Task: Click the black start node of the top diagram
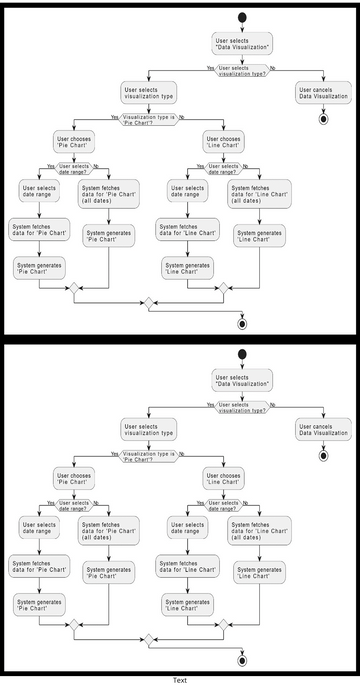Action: point(241,19)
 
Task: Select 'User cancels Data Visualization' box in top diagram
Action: point(323,92)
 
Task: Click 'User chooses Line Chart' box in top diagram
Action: point(224,141)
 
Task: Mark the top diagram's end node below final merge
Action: point(241,323)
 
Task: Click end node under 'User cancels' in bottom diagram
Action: point(323,455)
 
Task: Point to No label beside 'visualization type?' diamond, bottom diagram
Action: point(274,402)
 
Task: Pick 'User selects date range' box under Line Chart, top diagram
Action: point(187,192)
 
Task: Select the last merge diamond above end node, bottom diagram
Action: point(148,636)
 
